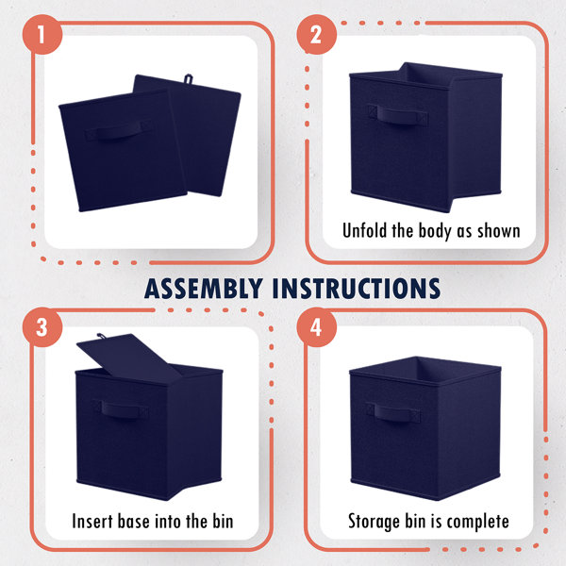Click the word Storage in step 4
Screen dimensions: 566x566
pyautogui.click(x=374, y=521)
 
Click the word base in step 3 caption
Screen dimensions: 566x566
pyautogui.click(x=145, y=521)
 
